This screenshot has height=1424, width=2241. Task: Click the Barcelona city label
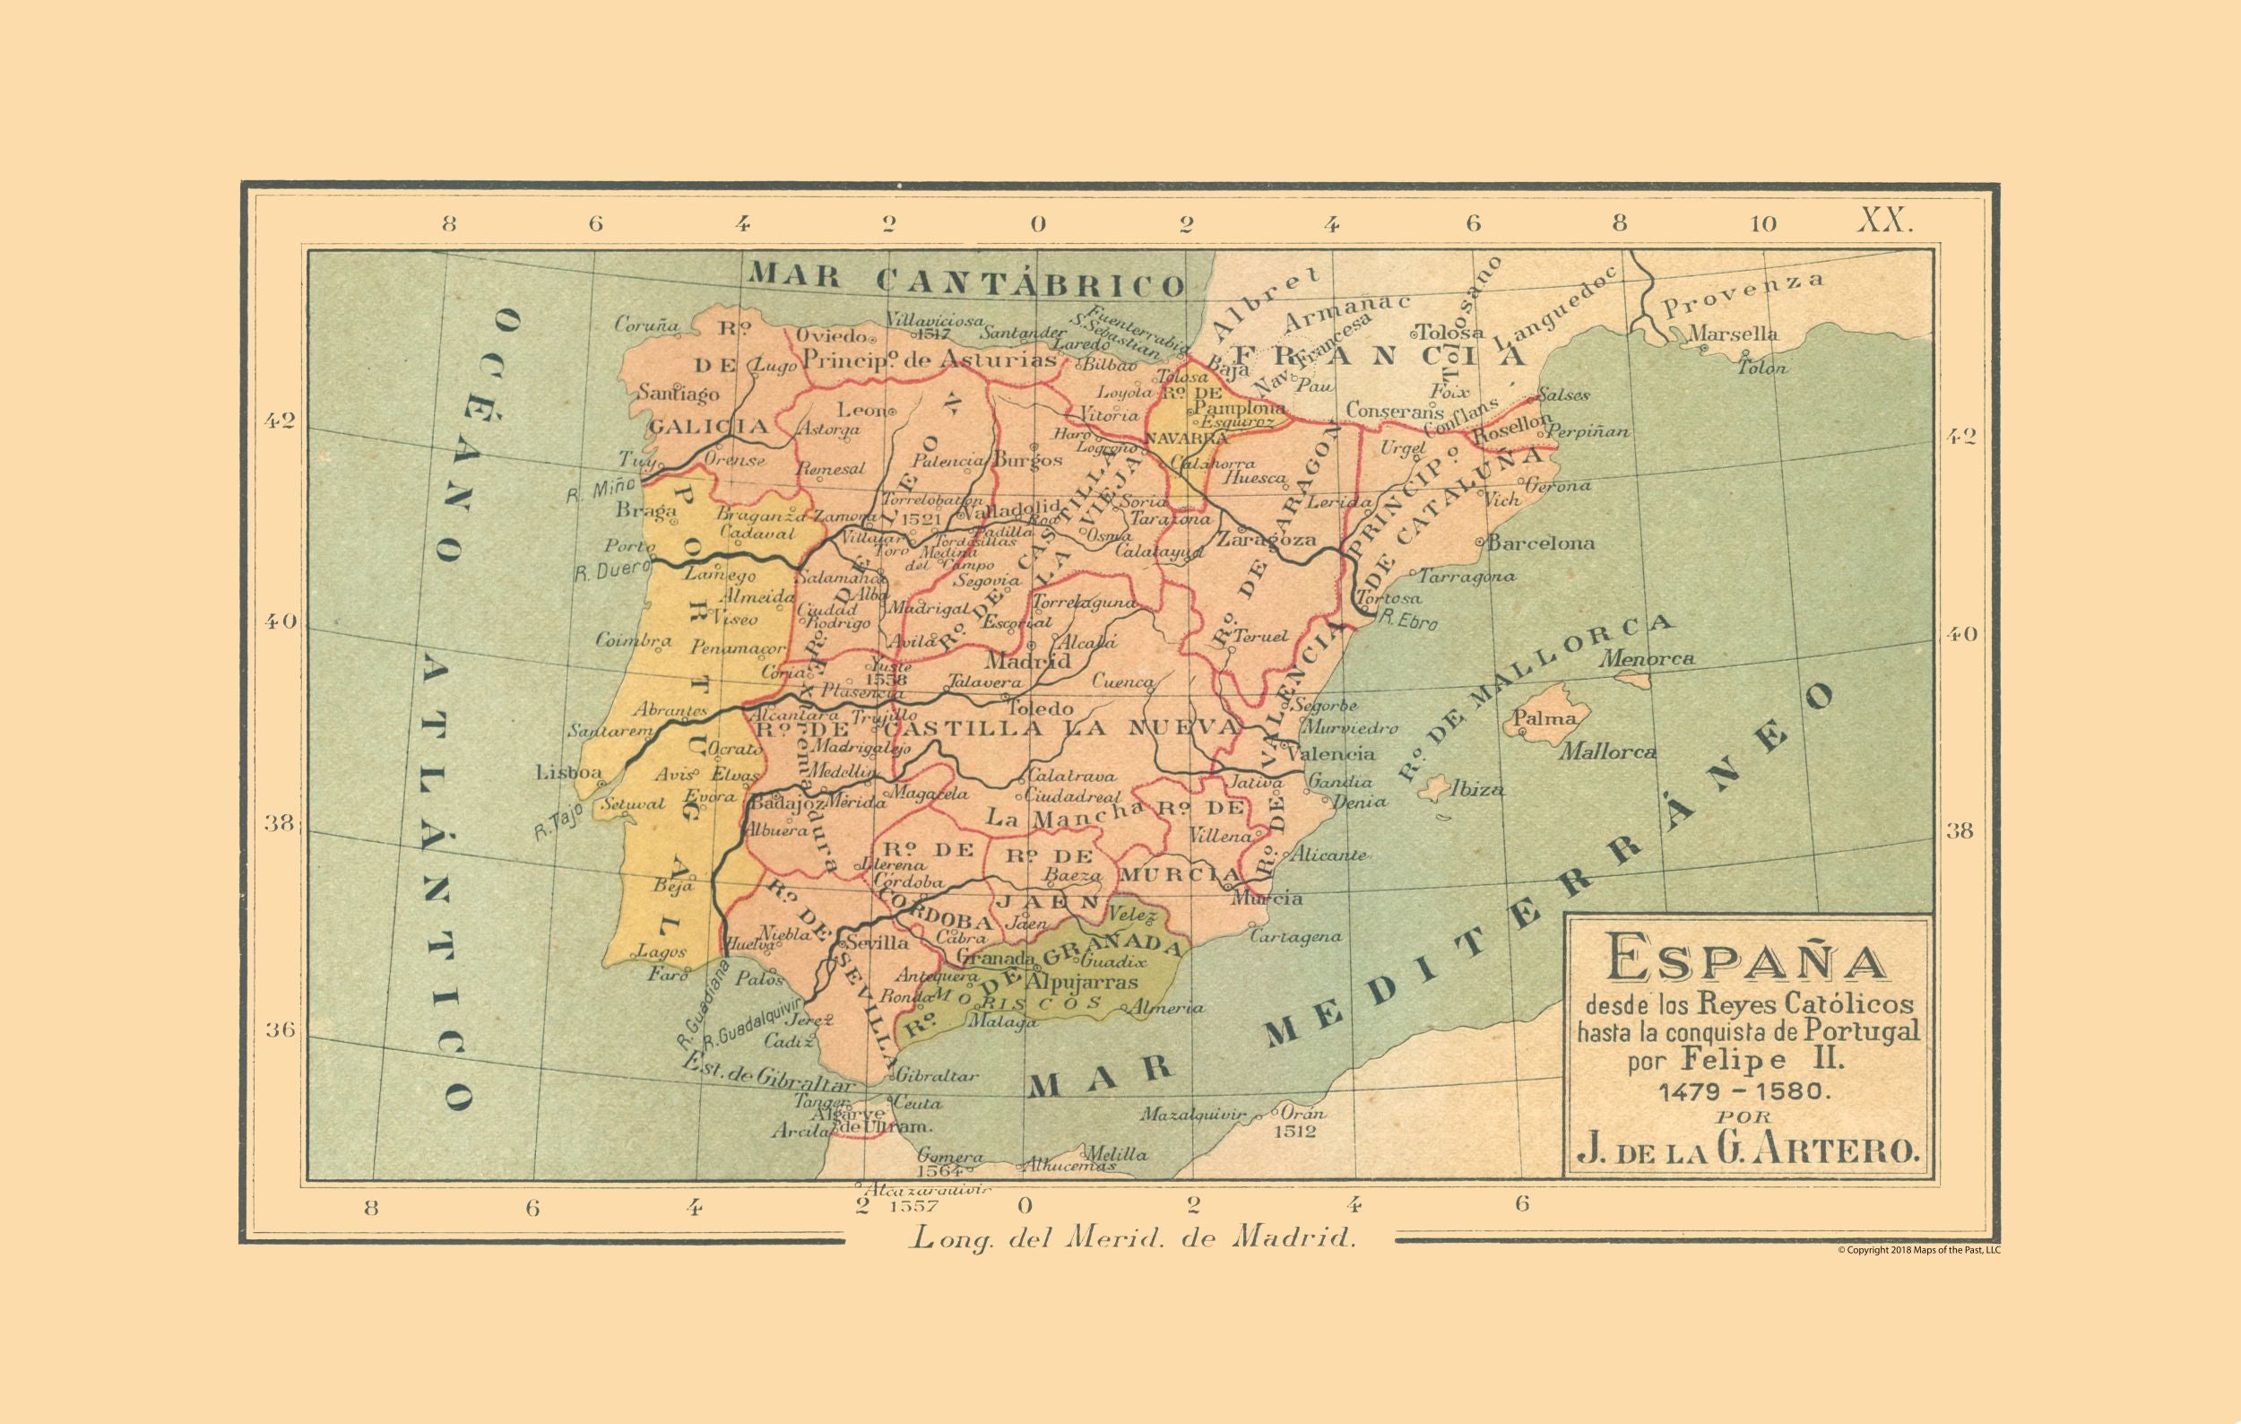tap(1540, 543)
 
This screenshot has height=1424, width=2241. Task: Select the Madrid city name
tap(1027, 662)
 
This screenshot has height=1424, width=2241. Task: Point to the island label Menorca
tap(1648, 659)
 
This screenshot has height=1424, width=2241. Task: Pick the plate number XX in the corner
tap(1885, 221)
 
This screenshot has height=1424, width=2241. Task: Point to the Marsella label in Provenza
tap(1733, 334)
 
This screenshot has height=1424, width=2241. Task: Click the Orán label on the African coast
tap(1302, 1113)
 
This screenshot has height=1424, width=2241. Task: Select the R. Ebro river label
tap(1408, 620)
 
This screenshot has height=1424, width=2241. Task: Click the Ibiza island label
tap(1478, 790)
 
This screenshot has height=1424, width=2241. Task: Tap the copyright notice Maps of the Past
tap(1919, 1250)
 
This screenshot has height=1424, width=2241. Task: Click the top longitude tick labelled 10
tap(1761, 223)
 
